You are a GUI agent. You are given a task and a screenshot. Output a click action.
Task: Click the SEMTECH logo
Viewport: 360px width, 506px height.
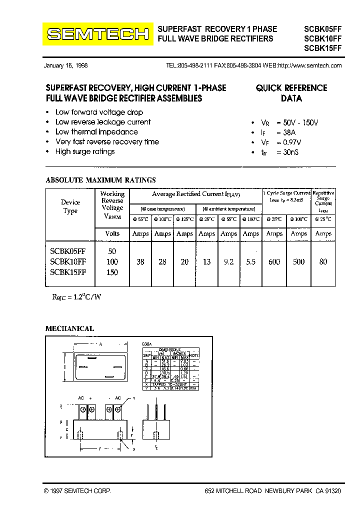pos(97,34)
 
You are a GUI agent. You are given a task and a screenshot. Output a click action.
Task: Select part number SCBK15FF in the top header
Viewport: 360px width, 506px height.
pos(322,48)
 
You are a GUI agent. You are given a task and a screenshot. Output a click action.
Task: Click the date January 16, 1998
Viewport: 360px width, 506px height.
pos(65,65)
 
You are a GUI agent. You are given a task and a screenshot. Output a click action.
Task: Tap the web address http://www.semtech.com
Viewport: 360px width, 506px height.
pos(309,65)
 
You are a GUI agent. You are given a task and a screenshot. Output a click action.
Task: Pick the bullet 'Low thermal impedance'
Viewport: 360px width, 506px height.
pos(96,132)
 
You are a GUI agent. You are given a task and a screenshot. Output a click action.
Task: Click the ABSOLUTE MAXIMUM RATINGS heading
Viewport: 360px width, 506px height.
pos(100,180)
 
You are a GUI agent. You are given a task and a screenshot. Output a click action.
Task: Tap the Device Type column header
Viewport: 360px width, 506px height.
pos(70,206)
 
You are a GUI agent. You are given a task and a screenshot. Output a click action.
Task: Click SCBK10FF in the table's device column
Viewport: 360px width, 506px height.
pos(68,262)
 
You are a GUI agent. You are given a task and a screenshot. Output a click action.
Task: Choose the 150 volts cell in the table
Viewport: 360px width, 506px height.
pos(112,272)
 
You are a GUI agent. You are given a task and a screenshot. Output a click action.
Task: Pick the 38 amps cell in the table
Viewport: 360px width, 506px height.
pos(140,262)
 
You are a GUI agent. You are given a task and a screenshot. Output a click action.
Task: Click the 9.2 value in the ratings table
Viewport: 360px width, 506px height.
pos(228,262)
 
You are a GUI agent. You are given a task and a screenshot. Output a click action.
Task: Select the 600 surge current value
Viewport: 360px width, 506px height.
pos(274,262)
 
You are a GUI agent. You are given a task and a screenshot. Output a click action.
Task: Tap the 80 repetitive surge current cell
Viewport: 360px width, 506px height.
pos(323,262)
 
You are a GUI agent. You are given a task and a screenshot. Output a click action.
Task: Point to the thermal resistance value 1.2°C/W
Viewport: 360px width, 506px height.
pos(77,297)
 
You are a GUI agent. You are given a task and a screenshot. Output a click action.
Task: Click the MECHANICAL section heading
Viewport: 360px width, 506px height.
pos(70,328)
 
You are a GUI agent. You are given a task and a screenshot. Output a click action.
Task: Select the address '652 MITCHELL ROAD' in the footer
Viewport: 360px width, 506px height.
pos(233,491)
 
